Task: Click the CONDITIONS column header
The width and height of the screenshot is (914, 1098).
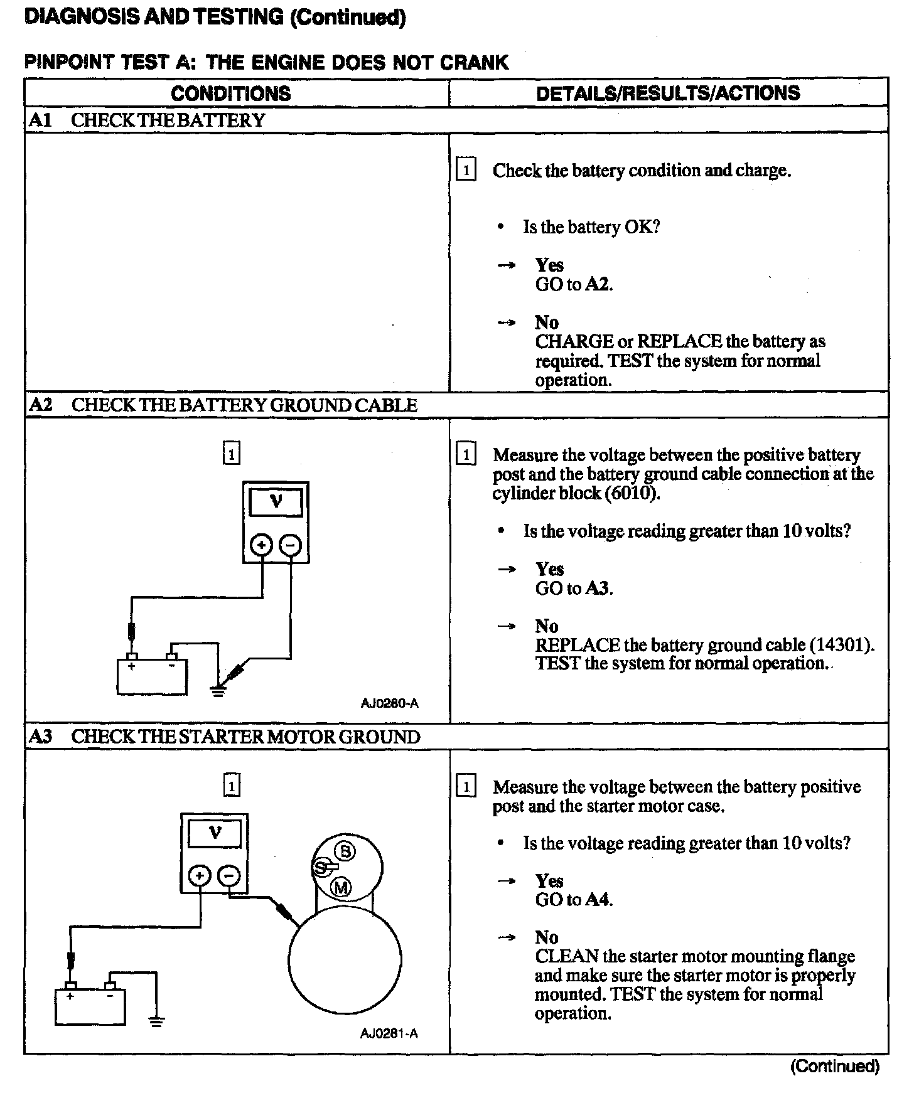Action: [x=230, y=93]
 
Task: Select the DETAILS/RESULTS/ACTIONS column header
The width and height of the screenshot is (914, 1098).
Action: [x=668, y=93]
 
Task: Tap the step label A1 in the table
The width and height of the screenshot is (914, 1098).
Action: [x=40, y=120]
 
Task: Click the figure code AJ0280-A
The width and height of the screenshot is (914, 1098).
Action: [x=389, y=703]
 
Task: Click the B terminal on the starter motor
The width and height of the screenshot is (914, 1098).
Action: [x=345, y=851]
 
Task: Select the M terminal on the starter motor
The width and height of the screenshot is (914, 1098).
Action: [x=341, y=887]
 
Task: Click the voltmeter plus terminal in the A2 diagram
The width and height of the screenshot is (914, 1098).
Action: [x=261, y=545]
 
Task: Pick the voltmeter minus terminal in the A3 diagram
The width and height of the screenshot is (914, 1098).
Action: [x=229, y=876]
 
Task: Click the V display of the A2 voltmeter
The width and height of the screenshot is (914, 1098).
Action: [x=276, y=503]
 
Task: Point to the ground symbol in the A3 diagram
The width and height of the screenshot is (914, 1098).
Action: [x=156, y=1021]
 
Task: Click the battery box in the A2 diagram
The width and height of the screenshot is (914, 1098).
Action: [x=151, y=676]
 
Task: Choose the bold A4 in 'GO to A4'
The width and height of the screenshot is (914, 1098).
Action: [x=599, y=900]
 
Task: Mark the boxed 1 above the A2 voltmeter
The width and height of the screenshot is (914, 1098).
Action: [x=232, y=453]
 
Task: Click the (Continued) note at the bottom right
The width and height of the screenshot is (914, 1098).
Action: [x=834, y=1066]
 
